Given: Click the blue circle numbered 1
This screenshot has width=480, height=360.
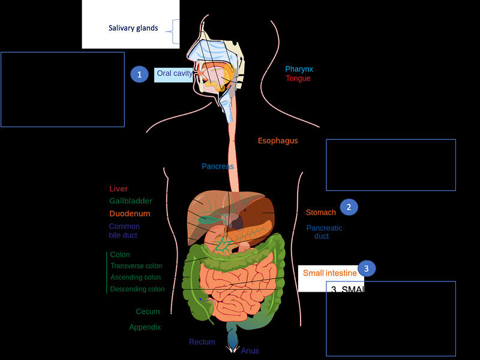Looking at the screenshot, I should [139, 74].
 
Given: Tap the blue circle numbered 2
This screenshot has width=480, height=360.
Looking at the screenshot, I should [349, 207].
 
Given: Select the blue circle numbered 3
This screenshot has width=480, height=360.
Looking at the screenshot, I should [367, 268].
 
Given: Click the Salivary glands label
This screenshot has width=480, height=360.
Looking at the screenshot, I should [133, 28].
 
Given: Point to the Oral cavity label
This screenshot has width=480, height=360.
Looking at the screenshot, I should [175, 73].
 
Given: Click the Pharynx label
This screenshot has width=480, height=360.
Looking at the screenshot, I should [299, 69].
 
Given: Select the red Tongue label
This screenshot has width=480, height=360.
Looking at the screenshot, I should [298, 79].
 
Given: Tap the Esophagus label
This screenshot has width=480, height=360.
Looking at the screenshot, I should [278, 141].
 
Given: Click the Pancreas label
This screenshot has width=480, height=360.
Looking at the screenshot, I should [217, 166].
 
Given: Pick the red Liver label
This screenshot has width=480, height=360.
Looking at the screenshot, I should [119, 189].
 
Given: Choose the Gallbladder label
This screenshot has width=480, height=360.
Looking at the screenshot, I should [131, 201].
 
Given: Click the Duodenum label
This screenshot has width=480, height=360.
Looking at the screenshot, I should [130, 214].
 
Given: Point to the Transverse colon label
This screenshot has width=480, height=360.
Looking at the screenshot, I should [136, 266].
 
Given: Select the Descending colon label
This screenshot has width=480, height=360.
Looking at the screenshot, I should [137, 289].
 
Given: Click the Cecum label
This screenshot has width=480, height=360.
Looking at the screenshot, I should [148, 311].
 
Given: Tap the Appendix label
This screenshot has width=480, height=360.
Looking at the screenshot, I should [145, 327].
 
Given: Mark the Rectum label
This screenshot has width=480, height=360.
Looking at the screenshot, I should [202, 342].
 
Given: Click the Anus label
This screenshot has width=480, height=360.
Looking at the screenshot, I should [250, 350].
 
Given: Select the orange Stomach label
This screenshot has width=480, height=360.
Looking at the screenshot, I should [321, 212].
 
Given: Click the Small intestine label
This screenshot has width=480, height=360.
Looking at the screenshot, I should [329, 273].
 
